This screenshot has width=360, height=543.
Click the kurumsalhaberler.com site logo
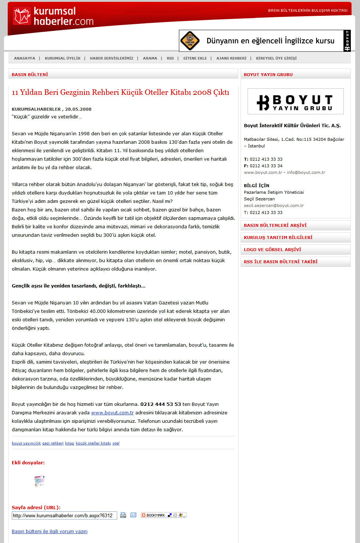[53, 16]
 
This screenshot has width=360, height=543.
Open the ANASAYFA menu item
[25, 58]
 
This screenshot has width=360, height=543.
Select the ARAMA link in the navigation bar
[150, 58]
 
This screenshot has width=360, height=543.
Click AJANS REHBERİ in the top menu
[231, 58]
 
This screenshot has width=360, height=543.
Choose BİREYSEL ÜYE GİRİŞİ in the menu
[276, 58]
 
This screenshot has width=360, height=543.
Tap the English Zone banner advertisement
[264, 41]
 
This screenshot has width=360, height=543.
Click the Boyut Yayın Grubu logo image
[295, 101]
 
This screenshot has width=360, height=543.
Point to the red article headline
[120, 92]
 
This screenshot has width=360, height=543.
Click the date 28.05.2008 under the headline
[78, 109]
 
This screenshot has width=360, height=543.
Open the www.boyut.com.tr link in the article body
[112, 413]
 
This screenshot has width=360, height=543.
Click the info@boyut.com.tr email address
[306, 172]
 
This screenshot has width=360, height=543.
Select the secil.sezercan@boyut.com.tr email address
[274, 206]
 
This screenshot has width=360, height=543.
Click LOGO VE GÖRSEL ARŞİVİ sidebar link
[272, 250]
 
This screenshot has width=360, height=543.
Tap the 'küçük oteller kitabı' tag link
[93, 443]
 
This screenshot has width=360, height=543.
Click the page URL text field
[64, 515]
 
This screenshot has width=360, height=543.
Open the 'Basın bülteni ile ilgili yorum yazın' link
[50, 532]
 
